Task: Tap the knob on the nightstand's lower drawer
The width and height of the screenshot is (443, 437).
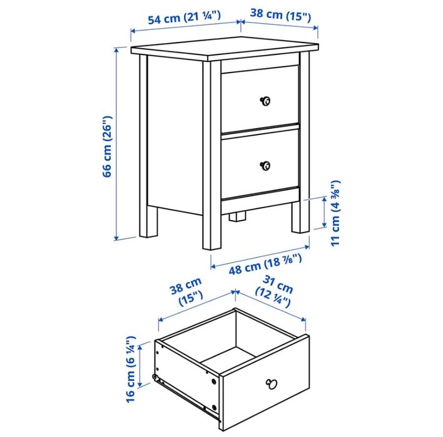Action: [x=265, y=166]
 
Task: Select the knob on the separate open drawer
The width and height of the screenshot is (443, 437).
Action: [x=272, y=384]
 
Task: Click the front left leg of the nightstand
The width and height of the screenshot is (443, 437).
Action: [x=211, y=231]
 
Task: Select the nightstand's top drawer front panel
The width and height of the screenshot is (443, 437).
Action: [x=260, y=97]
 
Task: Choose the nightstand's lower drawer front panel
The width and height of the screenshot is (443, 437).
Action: [x=260, y=164]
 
